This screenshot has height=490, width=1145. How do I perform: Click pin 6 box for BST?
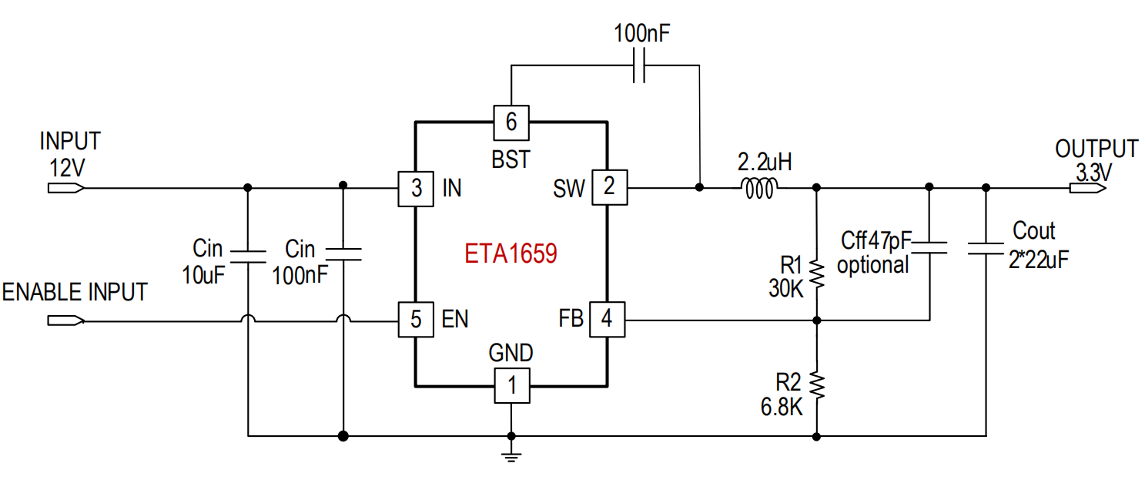click(x=511, y=123)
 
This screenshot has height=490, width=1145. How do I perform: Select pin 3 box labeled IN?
click(x=416, y=189)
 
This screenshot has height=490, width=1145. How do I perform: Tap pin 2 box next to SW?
click(x=609, y=188)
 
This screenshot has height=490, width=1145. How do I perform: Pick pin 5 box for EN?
click(x=416, y=320)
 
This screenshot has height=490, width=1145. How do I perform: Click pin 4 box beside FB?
click(x=608, y=320)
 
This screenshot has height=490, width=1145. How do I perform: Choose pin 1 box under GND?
click(x=512, y=386)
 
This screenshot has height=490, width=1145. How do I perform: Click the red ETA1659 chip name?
click(x=511, y=253)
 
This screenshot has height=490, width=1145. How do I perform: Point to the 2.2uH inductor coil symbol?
click(x=759, y=188)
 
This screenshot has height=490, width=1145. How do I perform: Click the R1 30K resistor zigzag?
click(x=817, y=275)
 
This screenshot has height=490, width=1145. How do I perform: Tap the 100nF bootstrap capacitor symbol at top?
click(x=639, y=65)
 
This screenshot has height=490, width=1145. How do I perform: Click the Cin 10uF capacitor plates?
click(x=248, y=257)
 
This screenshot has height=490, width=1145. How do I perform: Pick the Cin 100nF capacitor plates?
click(x=343, y=254)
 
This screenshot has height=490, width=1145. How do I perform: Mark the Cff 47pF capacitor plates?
click(x=929, y=248)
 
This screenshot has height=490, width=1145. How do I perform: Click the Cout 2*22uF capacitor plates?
click(x=986, y=249)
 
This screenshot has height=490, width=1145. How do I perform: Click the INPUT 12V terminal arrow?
click(x=66, y=188)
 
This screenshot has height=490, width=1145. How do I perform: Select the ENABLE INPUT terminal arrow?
click(x=66, y=321)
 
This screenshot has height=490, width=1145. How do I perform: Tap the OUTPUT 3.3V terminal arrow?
click(x=1088, y=188)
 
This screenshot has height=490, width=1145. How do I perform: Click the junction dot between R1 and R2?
click(x=817, y=321)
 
